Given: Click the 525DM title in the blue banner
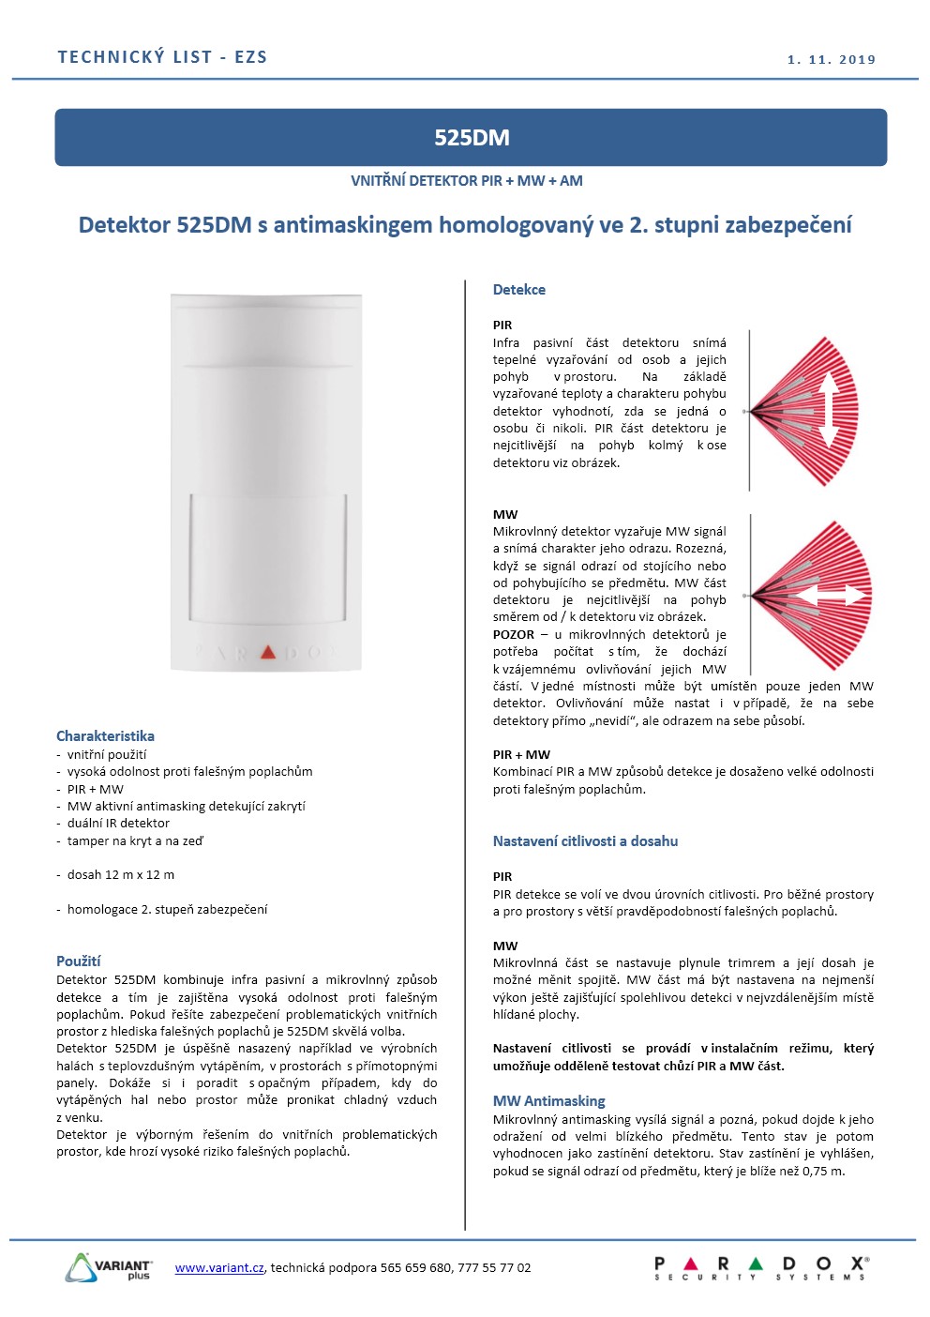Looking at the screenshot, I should (x=472, y=138).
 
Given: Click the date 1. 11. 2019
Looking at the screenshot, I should (x=832, y=59).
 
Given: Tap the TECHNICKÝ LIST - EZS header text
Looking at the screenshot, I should (x=162, y=57).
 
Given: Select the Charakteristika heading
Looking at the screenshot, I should (x=105, y=736).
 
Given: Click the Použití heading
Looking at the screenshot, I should (x=78, y=961).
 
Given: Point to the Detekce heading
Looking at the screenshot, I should (x=518, y=290).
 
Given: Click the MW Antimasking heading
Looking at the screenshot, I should (x=548, y=1101).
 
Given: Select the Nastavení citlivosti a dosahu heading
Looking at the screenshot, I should (x=585, y=841).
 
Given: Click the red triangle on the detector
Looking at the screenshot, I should (x=268, y=652).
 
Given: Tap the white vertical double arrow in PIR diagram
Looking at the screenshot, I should (x=829, y=411).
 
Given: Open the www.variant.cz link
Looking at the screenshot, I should (x=219, y=1267).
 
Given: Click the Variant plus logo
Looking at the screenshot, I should (x=109, y=1267).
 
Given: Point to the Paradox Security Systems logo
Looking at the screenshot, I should (x=760, y=1268).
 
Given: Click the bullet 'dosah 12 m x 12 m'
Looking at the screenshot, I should (x=120, y=875).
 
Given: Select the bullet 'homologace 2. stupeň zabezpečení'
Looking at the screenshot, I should (x=167, y=909).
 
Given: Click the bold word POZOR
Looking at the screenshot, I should (x=514, y=635).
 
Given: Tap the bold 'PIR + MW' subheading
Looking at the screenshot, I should (x=521, y=754).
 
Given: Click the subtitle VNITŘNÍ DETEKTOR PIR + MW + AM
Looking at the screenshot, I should (x=466, y=181).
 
